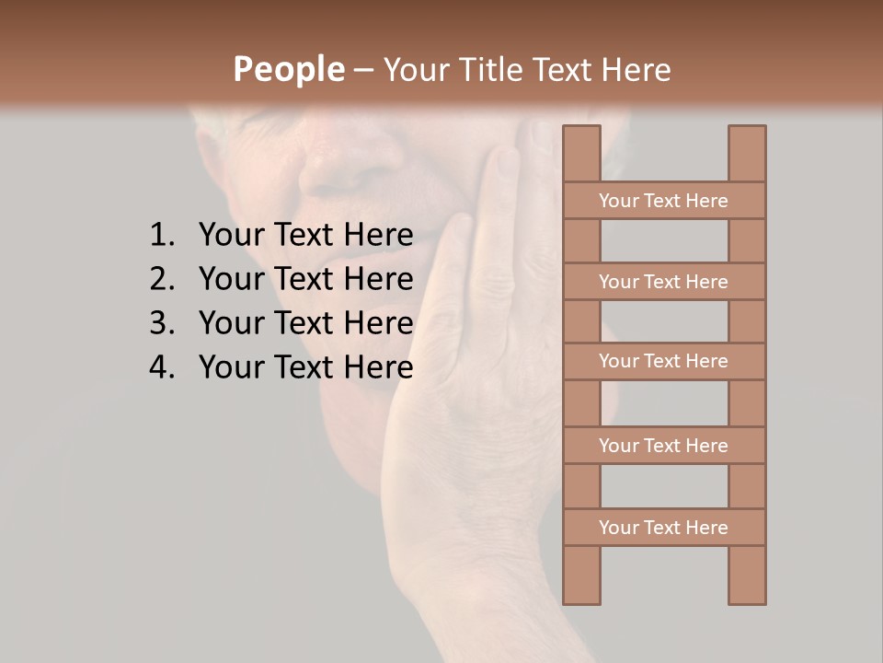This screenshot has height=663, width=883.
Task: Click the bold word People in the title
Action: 289,70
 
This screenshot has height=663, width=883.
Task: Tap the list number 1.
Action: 162,236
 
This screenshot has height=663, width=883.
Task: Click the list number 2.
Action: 162,279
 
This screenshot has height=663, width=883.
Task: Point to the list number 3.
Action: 162,323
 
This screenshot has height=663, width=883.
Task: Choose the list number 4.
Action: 162,367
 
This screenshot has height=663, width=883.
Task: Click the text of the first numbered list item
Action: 305,236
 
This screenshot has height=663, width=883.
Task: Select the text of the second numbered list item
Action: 305,279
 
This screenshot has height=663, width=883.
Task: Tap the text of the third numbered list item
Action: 305,323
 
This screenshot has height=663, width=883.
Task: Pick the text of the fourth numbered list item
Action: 305,367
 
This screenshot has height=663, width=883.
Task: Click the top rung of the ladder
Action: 663,201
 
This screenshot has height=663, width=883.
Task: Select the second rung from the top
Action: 663,282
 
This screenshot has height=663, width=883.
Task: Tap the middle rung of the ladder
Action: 663,361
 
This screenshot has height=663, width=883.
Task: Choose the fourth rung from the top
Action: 663,446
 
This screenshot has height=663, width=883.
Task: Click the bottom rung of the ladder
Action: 663,528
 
